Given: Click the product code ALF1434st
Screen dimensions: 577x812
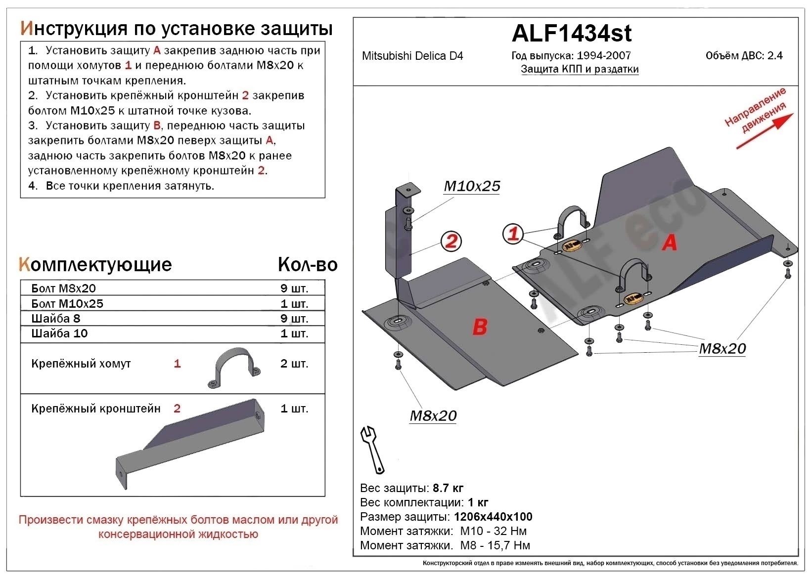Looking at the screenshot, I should pyautogui.click(x=571, y=34).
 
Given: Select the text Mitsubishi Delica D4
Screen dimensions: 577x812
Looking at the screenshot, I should pyautogui.click(x=412, y=56).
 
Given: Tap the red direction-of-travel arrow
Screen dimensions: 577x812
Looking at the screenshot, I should pyautogui.click(x=765, y=131).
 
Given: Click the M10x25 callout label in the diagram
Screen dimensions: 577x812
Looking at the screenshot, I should pyautogui.click(x=472, y=186).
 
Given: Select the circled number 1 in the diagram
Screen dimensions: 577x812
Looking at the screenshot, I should pyautogui.click(x=513, y=233).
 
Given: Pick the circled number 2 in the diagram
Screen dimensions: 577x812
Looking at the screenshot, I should pyautogui.click(x=451, y=242).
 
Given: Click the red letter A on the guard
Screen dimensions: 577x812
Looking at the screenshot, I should pyautogui.click(x=670, y=242).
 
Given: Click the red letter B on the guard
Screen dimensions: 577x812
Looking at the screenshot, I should pyautogui.click(x=480, y=327).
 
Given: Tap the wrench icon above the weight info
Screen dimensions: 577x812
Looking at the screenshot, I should pyautogui.click(x=372, y=449).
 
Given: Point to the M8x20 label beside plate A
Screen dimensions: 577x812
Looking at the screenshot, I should pyautogui.click(x=722, y=349).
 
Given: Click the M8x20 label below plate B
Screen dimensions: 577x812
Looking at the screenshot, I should pyautogui.click(x=433, y=416).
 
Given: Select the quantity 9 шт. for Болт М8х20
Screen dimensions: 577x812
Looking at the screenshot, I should pyautogui.click(x=294, y=288).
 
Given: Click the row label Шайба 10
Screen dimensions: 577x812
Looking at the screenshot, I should pyautogui.click(x=59, y=333).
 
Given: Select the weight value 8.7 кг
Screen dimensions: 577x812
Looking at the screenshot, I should pyautogui.click(x=448, y=488).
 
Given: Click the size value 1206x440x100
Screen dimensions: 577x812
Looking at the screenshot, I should pyautogui.click(x=493, y=517).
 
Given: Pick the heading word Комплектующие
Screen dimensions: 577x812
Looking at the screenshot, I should pyautogui.click(x=95, y=265).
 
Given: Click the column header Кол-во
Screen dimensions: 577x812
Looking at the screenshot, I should pyautogui.click(x=307, y=265).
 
